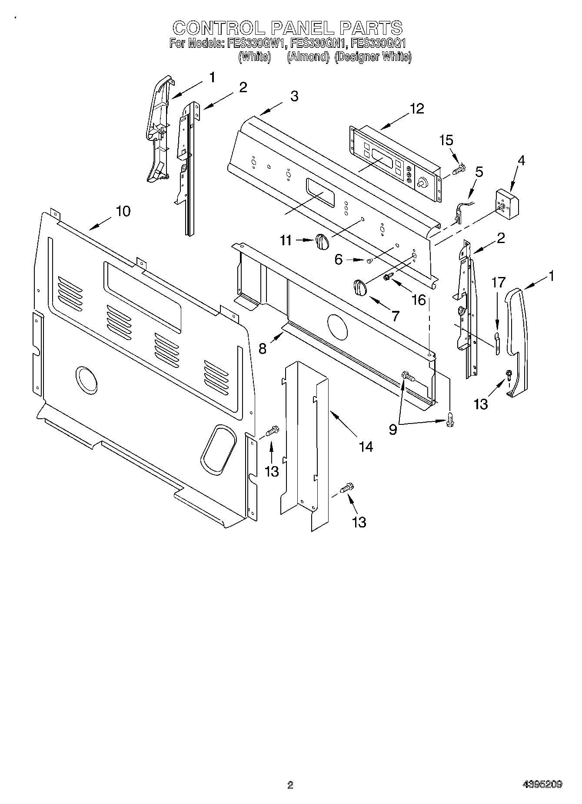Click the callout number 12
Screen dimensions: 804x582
pyautogui.click(x=416, y=108)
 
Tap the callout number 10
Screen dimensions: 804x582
pyautogui.click(x=123, y=211)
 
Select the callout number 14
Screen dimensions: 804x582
pyautogui.click(x=366, y=446)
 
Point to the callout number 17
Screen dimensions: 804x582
pyautogui.click(x=499, y=283)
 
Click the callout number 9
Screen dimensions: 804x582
pyautogui.click(x=393, y=430)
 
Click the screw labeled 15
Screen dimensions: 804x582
pyautogui.click(x=459, y=169)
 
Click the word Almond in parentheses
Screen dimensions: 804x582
pyautogui.click(x=308, y=57)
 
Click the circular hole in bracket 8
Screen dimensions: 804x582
pyautogui.click(x=338, y=326)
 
